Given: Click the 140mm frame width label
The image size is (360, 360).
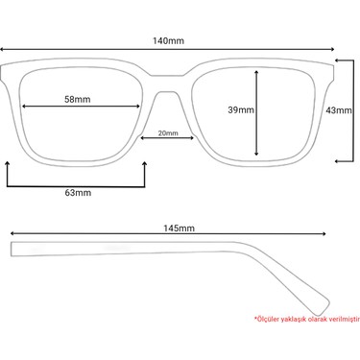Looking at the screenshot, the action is point(168,41).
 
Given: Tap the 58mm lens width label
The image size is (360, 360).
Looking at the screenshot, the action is point(78,99).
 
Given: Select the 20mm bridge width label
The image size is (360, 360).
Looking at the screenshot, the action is point(168,132).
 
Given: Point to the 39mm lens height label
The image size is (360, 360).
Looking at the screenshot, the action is point(241,109).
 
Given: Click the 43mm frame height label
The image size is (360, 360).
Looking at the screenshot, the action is point(339,110).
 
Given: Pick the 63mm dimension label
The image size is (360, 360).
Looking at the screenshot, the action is point(78,193).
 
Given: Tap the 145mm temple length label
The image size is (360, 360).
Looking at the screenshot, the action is point(179,228).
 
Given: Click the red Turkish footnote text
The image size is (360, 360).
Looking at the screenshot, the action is point(307,319).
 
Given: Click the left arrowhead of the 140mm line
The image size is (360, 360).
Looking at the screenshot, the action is point(2,49).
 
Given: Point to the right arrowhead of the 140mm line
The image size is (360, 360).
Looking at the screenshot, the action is point(332,49).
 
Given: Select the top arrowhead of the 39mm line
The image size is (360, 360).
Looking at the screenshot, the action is point(256,72).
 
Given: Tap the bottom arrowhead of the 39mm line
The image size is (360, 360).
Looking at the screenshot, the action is point(256,154).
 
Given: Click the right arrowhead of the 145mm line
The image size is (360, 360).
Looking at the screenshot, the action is point(324,233).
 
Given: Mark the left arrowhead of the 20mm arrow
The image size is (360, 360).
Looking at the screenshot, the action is point(143,138).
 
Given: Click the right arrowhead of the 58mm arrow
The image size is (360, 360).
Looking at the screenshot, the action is point(138,107).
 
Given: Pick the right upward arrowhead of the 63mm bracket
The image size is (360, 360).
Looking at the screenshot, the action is point(145,164).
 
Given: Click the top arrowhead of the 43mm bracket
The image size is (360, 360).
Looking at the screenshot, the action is point(337,60).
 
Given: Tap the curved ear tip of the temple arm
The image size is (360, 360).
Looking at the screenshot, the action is point(324,308).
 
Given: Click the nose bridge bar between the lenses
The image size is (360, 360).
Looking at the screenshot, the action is point(167,84).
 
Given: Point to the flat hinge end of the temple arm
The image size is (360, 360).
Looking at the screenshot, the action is point(12,250).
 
